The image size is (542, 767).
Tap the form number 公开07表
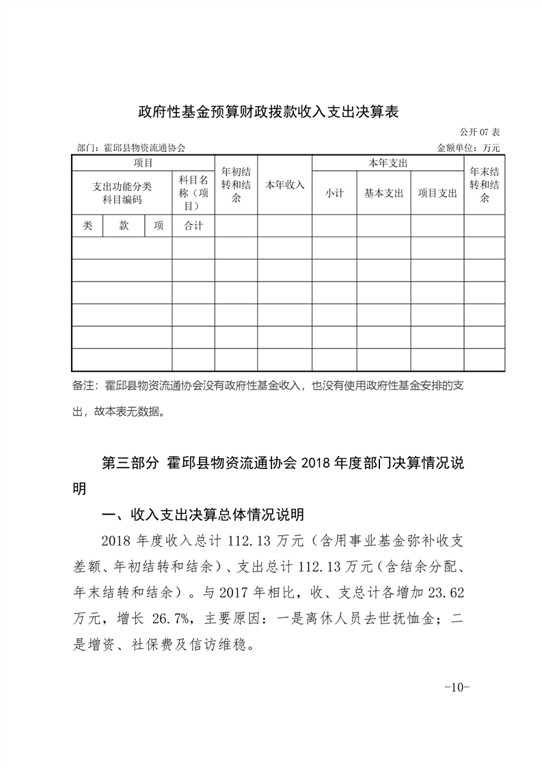[481, 132]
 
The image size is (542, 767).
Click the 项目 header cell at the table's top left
[143, 163]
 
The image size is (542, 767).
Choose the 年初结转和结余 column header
[236, 185]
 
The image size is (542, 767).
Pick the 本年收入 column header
[285, 185]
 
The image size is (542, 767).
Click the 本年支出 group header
[388, 163]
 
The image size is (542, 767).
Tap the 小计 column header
[334, 193]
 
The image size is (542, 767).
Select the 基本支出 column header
[383, 193]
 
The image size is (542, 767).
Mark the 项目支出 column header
[437, 193]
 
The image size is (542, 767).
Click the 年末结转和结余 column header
[485, 185]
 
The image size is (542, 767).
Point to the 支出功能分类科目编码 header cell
[122, 193]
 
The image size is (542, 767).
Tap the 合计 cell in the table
[193, 226]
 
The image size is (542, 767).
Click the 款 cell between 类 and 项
[124, 226]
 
